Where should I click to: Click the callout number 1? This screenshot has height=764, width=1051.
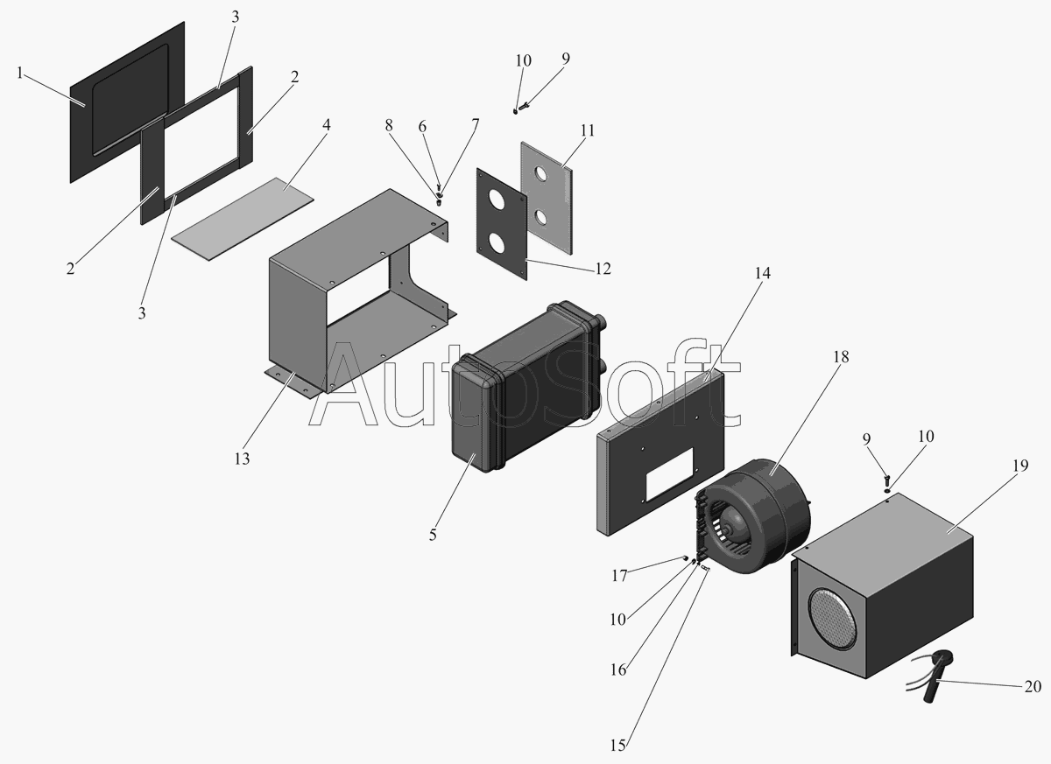[19, 74]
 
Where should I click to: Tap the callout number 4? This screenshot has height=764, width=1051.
[326, 124]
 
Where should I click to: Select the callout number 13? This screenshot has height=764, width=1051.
[242, 458]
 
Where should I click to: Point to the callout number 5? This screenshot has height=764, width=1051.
[433, 534]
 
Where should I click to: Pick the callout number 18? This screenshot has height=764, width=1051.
[842, 357]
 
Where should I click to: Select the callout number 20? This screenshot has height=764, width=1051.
[1035, 687]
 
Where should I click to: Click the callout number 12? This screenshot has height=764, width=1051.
[603, 268]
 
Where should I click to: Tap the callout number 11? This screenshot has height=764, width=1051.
[586, 130]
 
